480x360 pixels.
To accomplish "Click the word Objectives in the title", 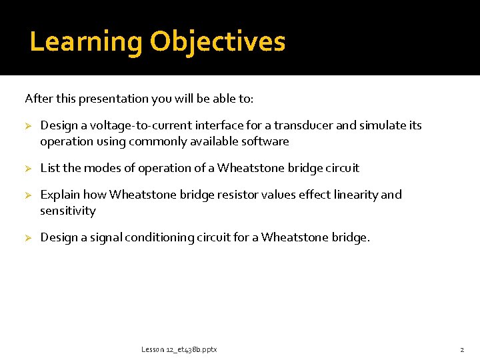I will (217, 42).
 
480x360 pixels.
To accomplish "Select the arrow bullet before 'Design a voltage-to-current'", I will (29, 126).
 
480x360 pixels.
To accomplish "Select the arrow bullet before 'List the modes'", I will (29, 169).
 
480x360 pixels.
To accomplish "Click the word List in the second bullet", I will (49, 168).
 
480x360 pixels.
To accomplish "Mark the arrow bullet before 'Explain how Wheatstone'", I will (29, 195).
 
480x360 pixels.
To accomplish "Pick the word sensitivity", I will (68, 211).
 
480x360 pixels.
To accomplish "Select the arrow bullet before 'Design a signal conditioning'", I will (29, 238).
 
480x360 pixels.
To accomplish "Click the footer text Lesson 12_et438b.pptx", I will (179, 349).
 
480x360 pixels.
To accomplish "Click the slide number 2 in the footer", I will (461, 349).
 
